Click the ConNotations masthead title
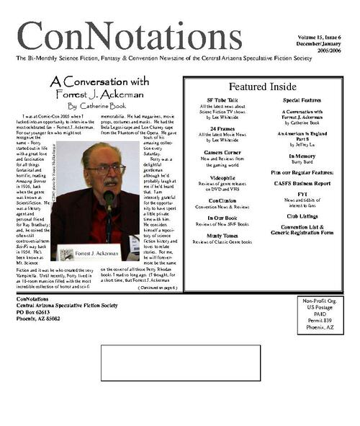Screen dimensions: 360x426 click(x=140, y=36)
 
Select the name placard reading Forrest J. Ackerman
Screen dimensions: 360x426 click(x=101, y=253)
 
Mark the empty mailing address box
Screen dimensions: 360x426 click(x=180, y=362)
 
